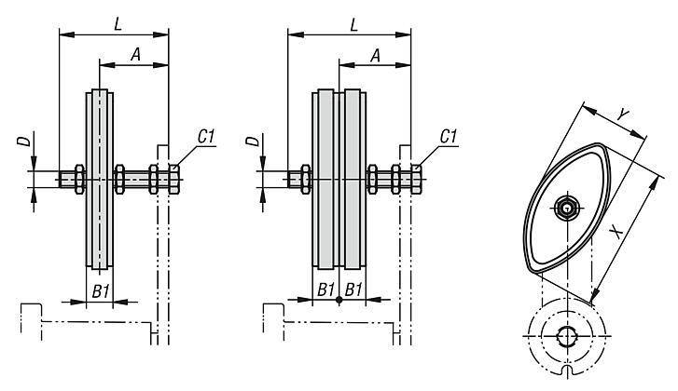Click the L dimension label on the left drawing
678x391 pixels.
pos(118,24)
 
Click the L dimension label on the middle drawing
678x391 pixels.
pos(354,24)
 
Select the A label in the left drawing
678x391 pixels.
pos(136,55)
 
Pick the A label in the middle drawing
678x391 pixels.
pos(375,55)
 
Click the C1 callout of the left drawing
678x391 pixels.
pos(206,136)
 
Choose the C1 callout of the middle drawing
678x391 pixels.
pos(448,136)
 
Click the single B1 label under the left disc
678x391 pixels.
pos(101,291)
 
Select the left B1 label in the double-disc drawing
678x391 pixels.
pos(325,290)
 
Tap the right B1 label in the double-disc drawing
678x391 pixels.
pos(353,290)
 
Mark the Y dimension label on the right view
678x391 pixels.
pos(623,115)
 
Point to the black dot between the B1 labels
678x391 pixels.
pos(339,299)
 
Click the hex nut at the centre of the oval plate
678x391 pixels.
pos(566,209)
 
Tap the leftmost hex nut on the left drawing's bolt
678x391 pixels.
pos(79,179)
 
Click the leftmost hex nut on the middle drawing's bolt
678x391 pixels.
pos(306,179)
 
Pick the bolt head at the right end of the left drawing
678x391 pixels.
pos(173,179)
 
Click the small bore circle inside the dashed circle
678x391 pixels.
pos(566,335)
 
